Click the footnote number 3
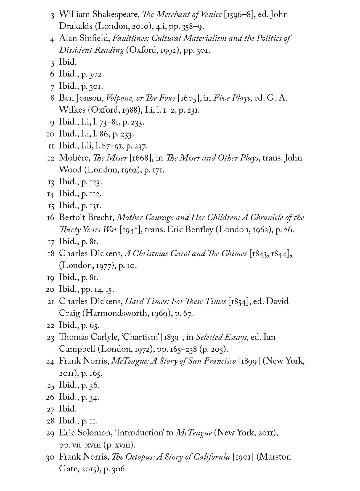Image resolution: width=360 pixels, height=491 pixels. tap(53, 15)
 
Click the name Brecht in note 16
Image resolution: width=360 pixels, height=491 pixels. tap(101, 218)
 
